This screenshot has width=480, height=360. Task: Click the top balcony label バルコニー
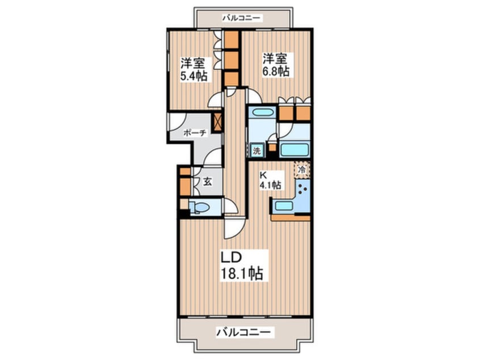click(241, 18)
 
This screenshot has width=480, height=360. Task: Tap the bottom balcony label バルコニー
click(244, 331)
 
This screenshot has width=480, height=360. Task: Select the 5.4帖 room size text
click(193, 76)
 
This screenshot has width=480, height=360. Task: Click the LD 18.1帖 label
click(241, 265)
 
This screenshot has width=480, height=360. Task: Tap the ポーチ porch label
click(194, 132)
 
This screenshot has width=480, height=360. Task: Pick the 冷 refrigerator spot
click(302, 169)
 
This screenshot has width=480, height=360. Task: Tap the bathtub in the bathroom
click(294, 151)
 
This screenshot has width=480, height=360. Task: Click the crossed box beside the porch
click(218, 121)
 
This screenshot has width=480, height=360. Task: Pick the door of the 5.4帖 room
click(216, 100)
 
